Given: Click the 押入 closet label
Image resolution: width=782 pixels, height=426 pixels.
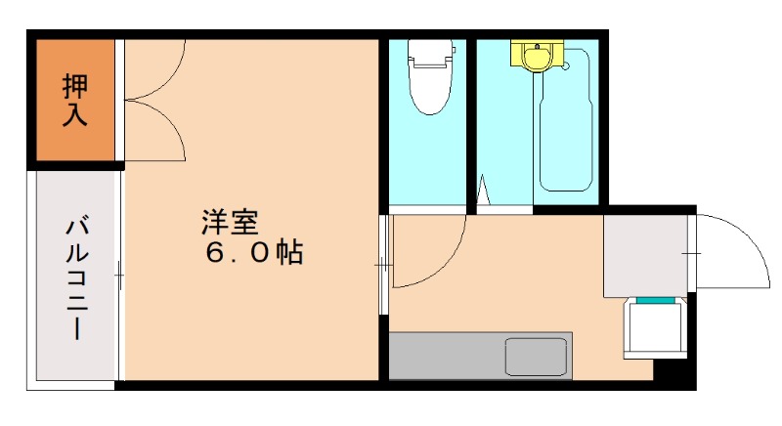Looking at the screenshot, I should tap(75, 99).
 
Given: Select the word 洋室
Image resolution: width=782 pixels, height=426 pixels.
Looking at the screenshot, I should tap(230, 222).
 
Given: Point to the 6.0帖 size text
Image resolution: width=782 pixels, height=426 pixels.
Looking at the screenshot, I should tap(253, 253).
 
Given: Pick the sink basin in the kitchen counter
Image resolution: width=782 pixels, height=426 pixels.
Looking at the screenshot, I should tap(537, 356).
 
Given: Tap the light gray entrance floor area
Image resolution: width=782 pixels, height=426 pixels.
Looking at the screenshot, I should tap(645, 255).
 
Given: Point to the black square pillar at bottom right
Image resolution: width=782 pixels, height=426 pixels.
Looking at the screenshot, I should tap(673, 371).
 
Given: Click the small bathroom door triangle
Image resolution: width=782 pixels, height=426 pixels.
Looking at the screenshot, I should tap(483, 192).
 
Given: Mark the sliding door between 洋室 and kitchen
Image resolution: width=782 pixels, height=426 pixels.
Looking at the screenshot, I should tap(384, 264).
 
